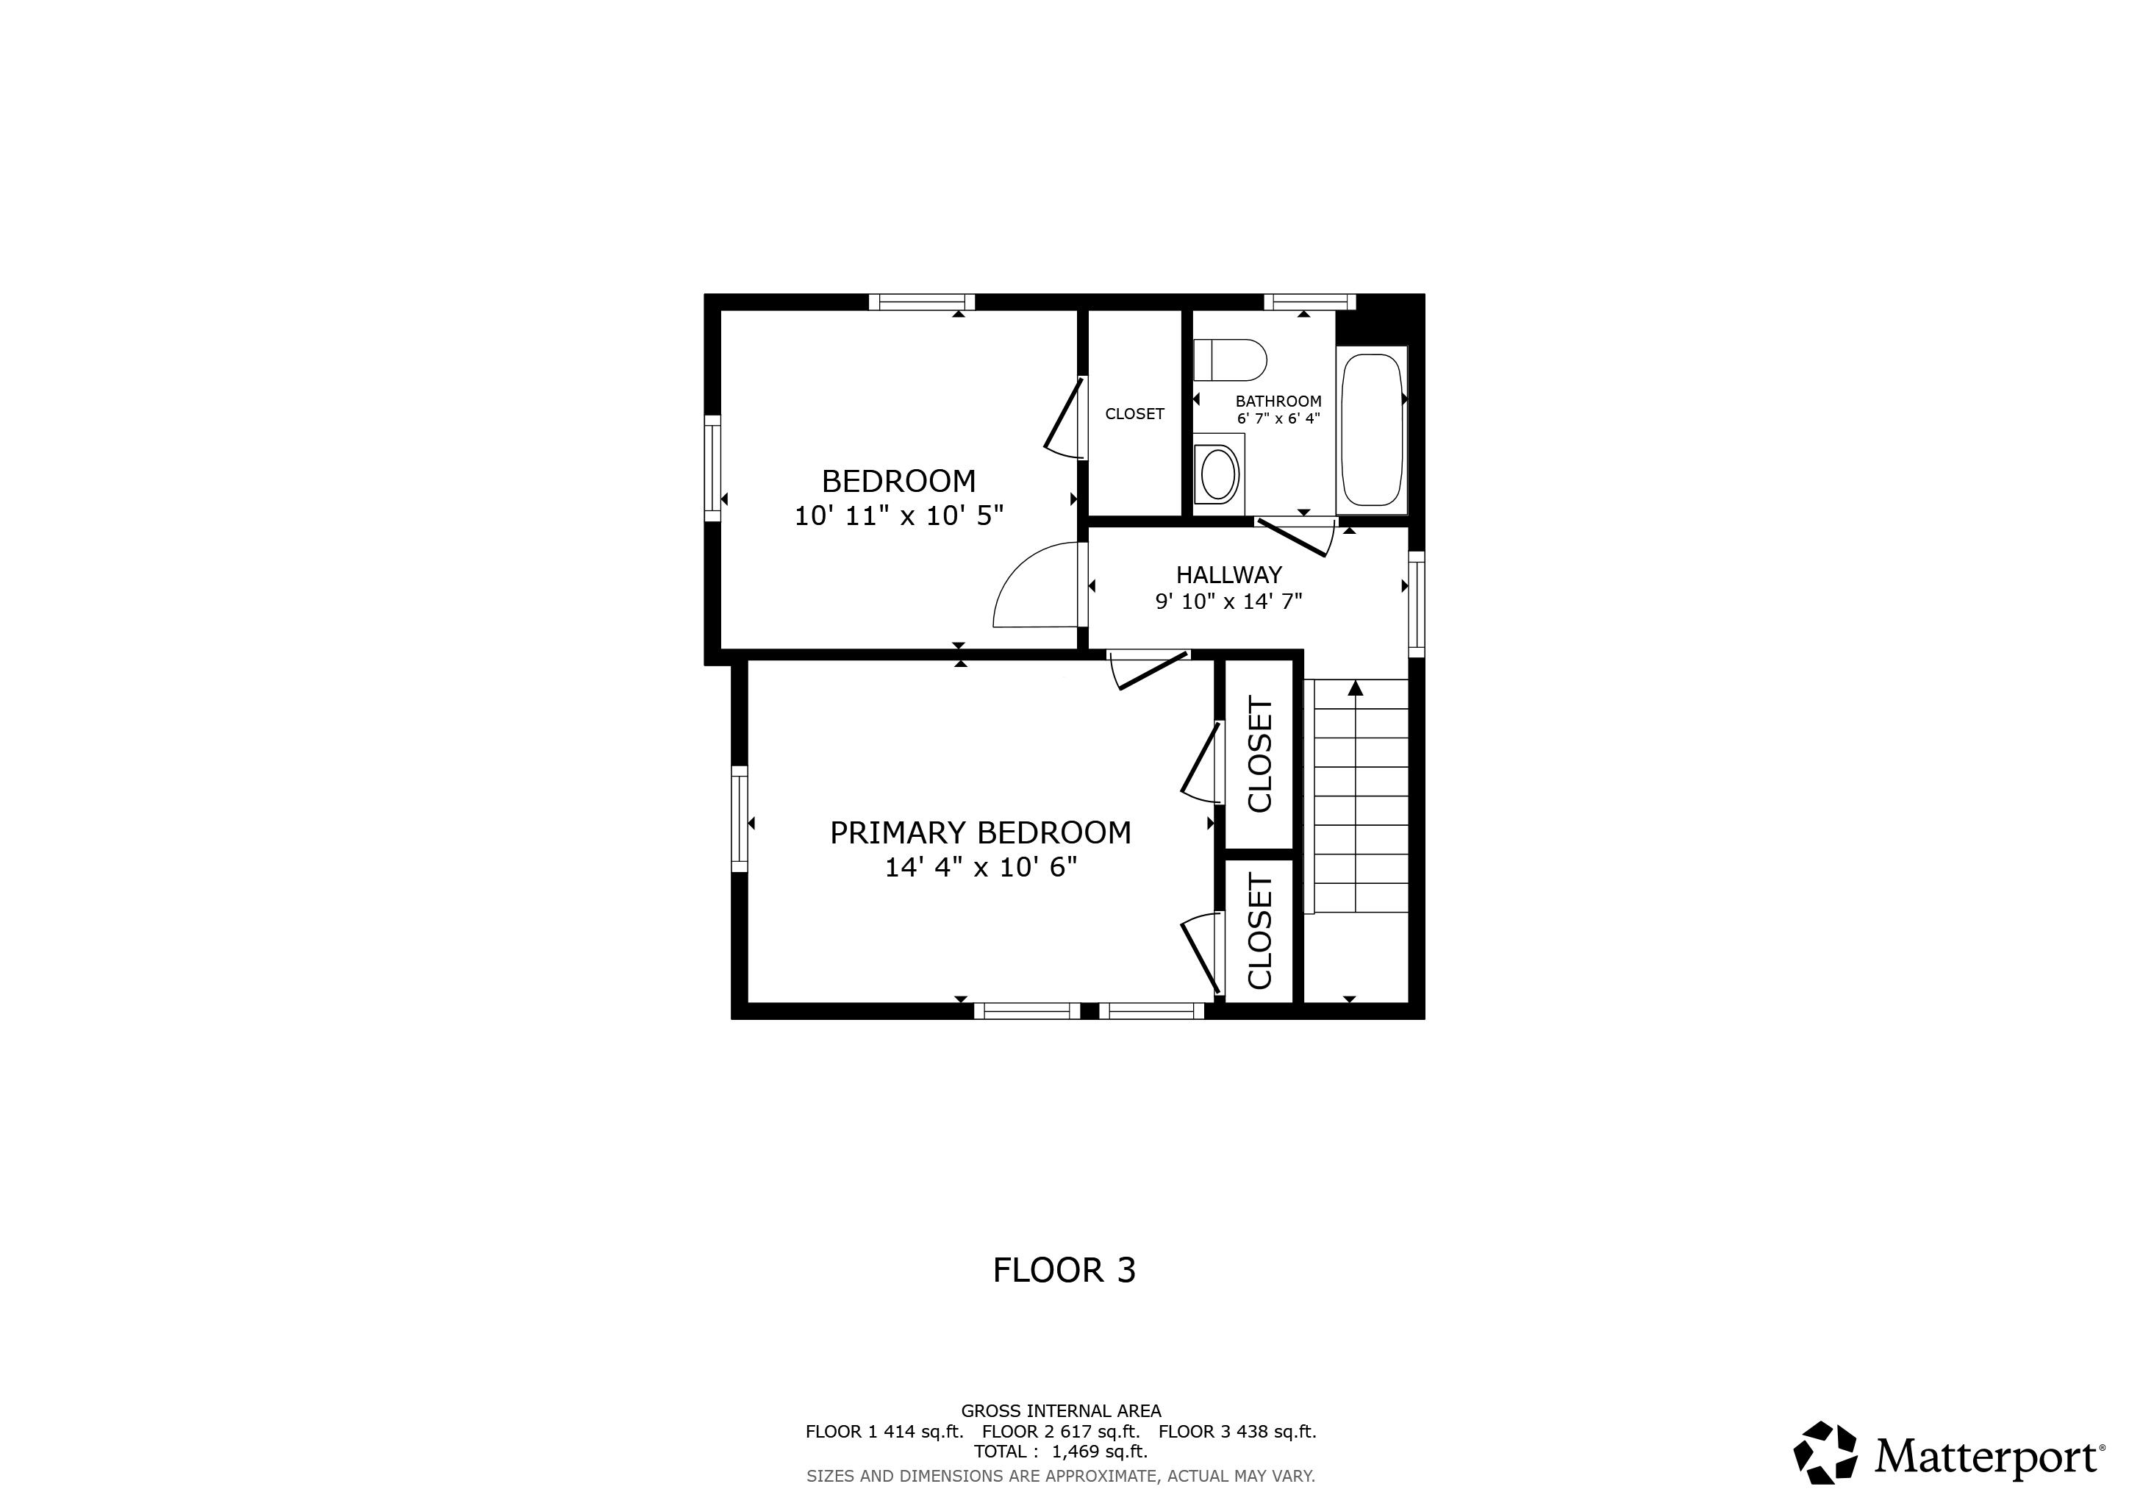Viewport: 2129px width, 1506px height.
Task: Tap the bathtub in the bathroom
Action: pyautogui.click(x=1371, y=429)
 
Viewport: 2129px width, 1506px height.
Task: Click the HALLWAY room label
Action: pyautogui.click(x=1228, y=575)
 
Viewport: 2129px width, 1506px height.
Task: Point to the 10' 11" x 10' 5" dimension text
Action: pyautogui.click(x=898, y=515)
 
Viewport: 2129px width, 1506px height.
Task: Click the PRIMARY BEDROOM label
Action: pyautogui.click(x=980, y=832)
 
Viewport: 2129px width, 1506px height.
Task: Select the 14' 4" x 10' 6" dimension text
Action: pyautogui.click(x=980, y=867)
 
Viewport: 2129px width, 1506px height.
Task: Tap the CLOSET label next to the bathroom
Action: pyautogui.click(x=1134, y=413)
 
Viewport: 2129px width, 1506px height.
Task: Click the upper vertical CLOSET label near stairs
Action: pyautogui.click(x=1259, y=754)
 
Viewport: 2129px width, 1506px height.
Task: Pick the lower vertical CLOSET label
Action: pyautogui.click(x=1259, y=931)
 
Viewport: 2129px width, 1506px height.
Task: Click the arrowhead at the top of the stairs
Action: pyautogui.click(x=1356, y=688)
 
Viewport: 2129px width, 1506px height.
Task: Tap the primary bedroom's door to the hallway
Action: pyautogui.click(x=1150, y=670)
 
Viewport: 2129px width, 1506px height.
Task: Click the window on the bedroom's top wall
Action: pyautogui.click(x=922, y=301)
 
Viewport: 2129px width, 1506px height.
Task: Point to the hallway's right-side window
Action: pyautogui.click(x=1416, y=604)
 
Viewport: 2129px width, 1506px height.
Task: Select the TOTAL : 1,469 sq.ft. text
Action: pyautogui.click(x=1061, y=1452)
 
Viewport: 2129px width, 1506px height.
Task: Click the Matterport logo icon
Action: pyautogui.click(x=1825, y=1452)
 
